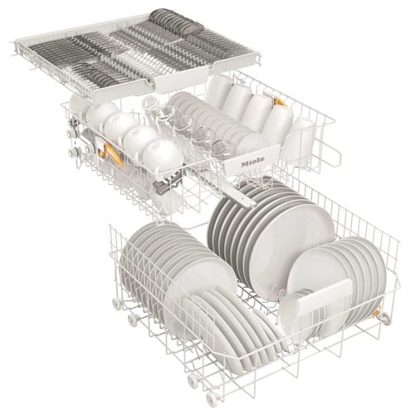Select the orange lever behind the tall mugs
(280, 102)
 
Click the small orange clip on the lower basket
(377, 312)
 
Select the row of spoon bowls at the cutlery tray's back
(176, 22)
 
